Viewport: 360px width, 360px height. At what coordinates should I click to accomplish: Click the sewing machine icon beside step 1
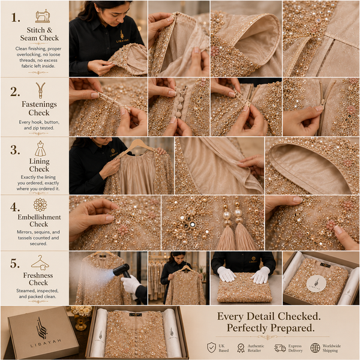(43, 16)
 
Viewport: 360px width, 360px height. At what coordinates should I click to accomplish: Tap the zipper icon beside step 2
(40, 90)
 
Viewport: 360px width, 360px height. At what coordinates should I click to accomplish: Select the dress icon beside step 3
(40, 149)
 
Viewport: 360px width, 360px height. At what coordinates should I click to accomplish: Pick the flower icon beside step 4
(40, 205)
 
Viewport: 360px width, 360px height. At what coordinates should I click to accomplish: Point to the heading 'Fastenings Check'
(39, 109)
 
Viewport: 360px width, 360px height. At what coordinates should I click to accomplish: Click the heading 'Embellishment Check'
(39, 220)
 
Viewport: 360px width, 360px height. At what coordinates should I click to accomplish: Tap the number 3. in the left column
(15, 150)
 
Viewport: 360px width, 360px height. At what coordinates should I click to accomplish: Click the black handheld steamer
(121, 271)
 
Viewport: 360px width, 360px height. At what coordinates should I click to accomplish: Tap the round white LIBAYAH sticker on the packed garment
(316, 284)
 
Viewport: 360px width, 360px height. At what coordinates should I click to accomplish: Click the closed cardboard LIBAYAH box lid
(43, 332)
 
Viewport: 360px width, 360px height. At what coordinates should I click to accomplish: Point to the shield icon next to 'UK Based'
(211, 347)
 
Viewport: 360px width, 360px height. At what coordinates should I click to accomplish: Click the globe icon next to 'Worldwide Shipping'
(315, 348)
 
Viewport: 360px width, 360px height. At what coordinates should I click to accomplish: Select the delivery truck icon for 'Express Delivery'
(280, 348)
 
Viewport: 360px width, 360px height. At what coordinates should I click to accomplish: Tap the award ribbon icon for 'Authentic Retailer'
(241, 348)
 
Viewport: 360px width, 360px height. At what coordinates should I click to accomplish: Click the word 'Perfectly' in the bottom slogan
(247, 328)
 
